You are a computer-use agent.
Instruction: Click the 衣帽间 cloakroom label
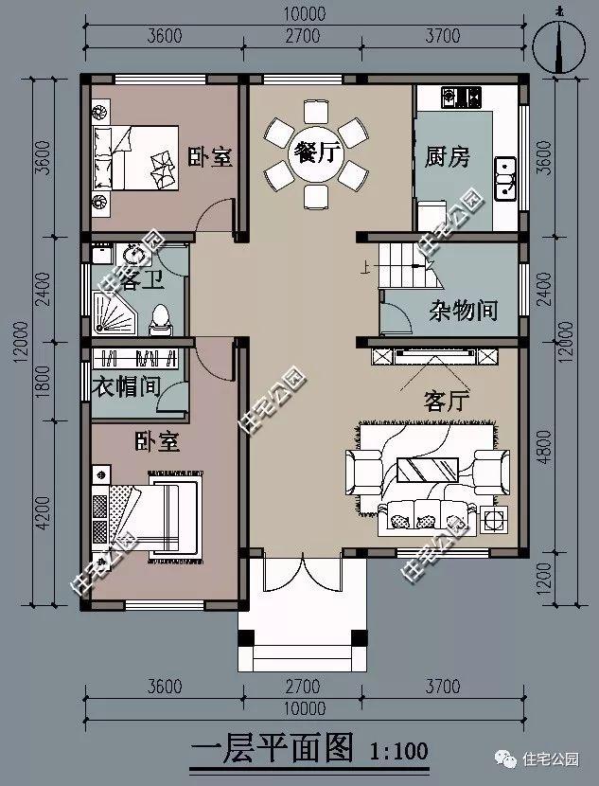click(x=129, y=387)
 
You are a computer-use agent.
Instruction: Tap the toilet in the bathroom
click(x=162, y=316)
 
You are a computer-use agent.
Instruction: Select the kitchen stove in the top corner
click(x=457, y=97)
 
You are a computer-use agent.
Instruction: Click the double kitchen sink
click(x=505, y=176)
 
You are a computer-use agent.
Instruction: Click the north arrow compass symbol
click(x=556, y=42)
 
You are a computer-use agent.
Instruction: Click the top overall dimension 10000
click(x=303, y=14)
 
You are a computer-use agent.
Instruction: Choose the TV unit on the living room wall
click(x=434, y=356)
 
